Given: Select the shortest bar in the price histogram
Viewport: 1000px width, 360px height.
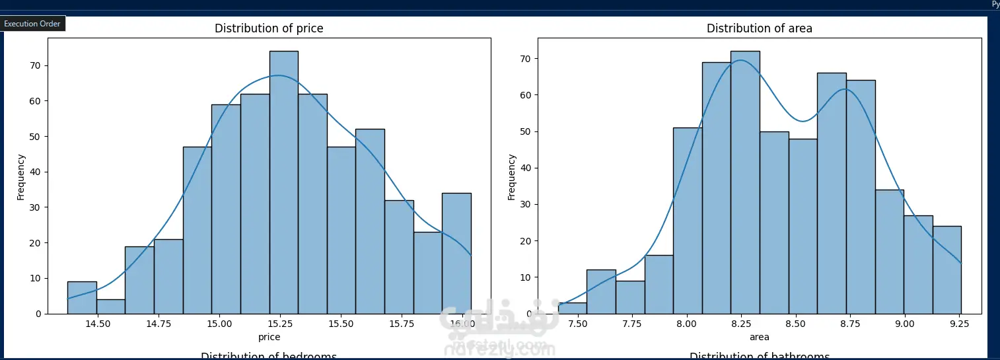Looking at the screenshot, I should click(110, 306).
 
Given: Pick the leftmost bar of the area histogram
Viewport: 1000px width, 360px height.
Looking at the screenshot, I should click(572, 308).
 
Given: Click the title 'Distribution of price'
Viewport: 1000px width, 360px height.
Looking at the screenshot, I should click(269, 28).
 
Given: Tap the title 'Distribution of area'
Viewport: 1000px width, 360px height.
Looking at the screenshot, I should click(760, 28).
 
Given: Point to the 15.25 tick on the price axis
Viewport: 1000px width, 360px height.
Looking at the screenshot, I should click(279, 324).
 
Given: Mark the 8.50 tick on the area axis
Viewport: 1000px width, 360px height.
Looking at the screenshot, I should click(796, 324).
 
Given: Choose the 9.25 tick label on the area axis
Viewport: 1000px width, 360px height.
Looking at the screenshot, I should click(960, 324).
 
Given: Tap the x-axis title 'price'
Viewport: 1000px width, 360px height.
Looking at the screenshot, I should click(269, 337).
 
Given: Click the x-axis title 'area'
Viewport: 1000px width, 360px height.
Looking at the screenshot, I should click(760, 337).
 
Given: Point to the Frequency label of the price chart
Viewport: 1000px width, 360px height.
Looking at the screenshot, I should click(20, 176).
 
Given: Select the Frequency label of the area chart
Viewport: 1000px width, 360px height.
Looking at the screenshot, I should click(511, 176).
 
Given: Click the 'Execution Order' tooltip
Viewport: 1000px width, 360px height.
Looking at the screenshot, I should click(33, 24).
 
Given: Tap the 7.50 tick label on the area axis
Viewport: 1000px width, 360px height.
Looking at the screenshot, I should click(578, 324).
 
